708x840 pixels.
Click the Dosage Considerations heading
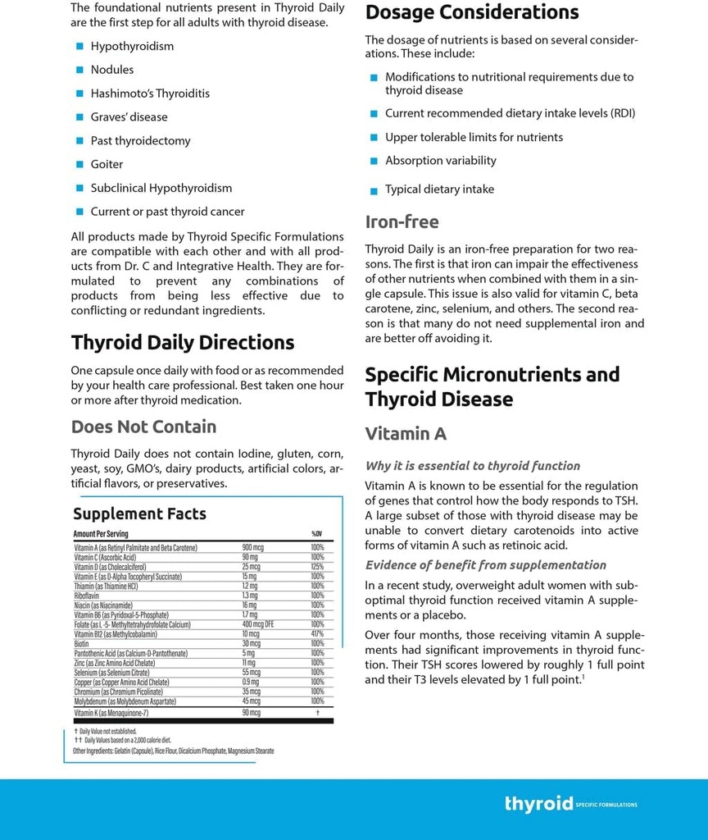tap(471, 12)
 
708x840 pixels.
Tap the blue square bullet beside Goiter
tap(80, 165)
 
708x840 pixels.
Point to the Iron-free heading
tap(402, 221)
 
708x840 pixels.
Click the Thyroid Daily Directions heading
tap(182, 342)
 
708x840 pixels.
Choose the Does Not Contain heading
tap(143, 427)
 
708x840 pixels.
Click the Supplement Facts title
tap(139, 514)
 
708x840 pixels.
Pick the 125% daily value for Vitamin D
tap(317, 567)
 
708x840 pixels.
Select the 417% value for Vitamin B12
tap(317, 634)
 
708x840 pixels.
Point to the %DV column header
tap(316, 534)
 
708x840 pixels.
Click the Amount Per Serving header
tap(101, 534)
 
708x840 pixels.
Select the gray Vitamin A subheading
tap(406, 434)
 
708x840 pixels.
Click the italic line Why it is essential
tap(472, 466)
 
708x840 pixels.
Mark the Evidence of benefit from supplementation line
tap(485, 565)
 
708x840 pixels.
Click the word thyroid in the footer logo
tap(538, 804)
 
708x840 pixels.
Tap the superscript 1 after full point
tap(583, 677)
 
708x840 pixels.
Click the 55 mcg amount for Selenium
tap(251, 672)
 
